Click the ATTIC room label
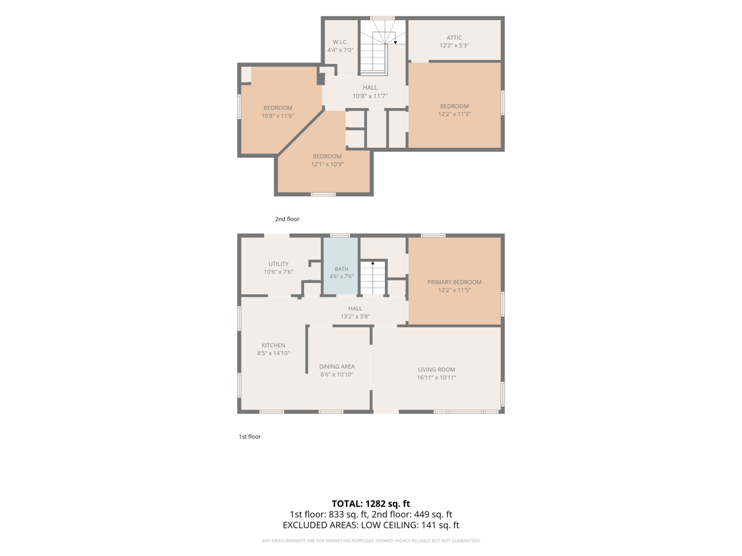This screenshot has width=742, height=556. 453,38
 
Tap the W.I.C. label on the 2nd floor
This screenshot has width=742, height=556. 340,42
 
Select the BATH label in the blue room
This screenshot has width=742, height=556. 341,269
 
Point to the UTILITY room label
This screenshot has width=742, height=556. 278,264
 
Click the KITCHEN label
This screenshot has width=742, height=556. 273,345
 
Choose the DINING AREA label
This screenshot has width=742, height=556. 336,367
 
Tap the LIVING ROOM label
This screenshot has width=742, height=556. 436,370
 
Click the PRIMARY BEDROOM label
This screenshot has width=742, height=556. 454,282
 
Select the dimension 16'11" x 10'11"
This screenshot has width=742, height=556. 436,378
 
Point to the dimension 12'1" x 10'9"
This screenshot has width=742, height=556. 327,164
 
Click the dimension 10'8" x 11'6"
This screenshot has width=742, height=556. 278,116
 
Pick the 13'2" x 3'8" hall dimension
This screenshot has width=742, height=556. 355,317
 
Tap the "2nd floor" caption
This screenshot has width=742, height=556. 287,219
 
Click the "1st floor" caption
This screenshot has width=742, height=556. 249,437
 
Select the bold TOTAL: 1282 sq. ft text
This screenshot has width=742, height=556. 370,503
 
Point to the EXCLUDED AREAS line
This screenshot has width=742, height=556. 370,525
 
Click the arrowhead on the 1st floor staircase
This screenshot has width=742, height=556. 373,263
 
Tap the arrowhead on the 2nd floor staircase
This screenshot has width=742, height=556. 395,43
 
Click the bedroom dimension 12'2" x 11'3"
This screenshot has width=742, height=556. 454,114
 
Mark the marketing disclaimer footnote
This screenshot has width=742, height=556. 370,541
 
